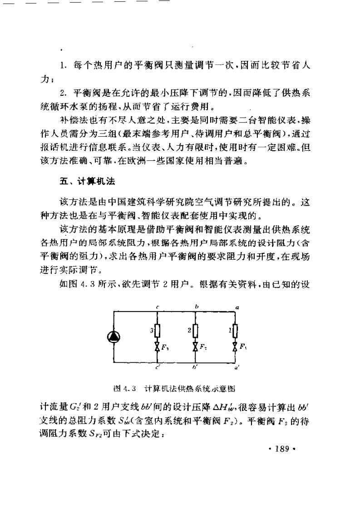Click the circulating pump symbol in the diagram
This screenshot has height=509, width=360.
(113, 336)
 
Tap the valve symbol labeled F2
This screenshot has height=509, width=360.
(195, 347)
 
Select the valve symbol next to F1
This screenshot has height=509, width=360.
(234, 347)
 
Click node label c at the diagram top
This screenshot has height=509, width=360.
(157, 307)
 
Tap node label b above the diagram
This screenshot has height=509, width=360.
(196, 307)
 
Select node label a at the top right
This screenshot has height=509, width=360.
(237, 307)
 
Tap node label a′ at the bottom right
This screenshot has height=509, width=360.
(238, 367)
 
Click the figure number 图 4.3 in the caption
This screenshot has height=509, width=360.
(124, 389)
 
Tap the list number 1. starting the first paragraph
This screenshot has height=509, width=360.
(63, 66)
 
